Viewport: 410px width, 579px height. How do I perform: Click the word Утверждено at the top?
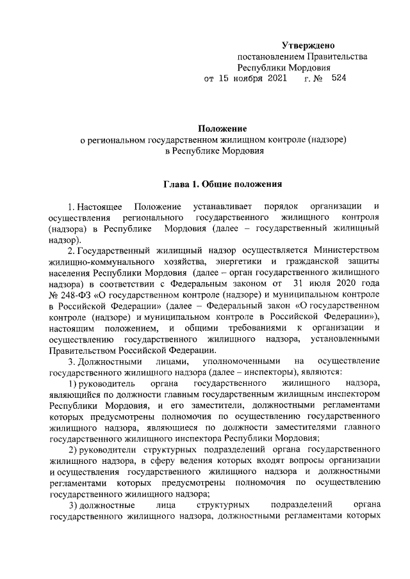[x=309, y=45]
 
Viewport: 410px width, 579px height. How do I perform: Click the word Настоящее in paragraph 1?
[x=98, y=207]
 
